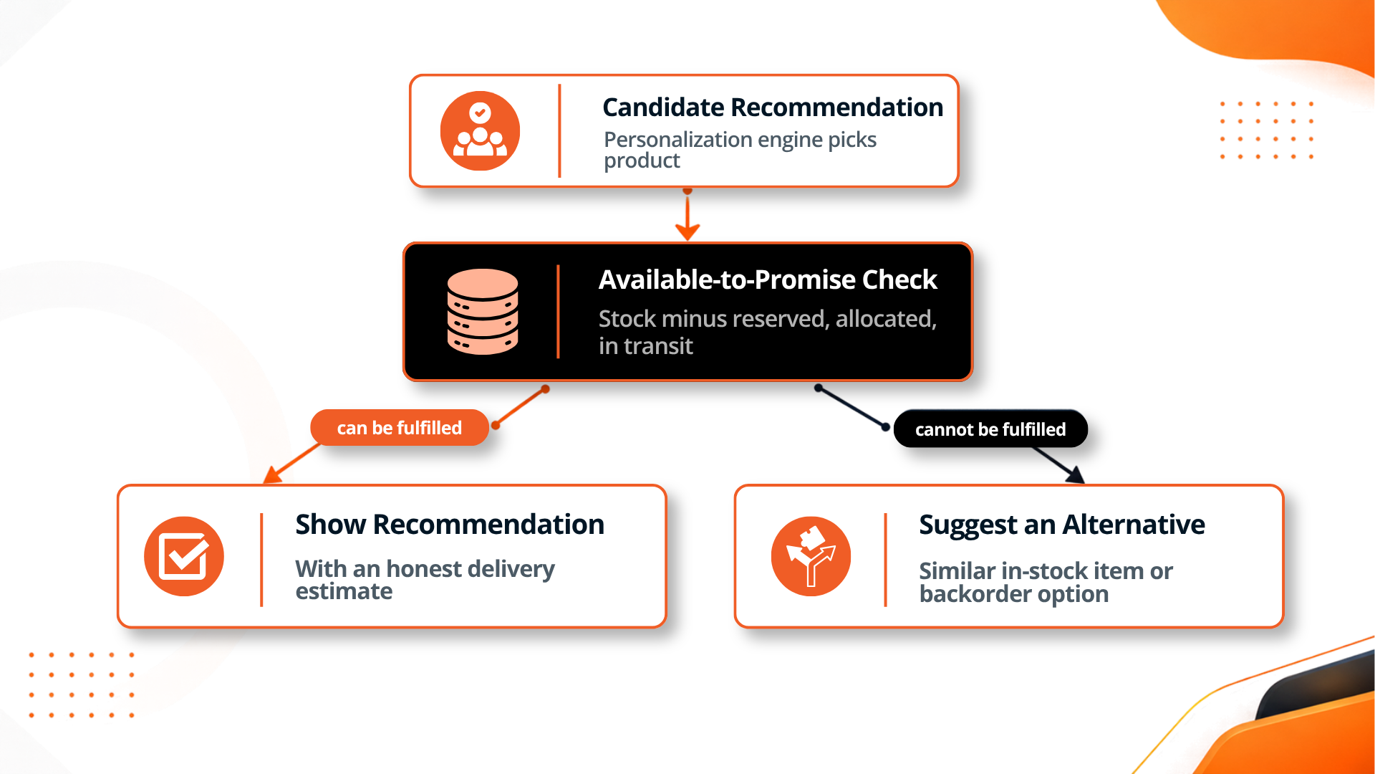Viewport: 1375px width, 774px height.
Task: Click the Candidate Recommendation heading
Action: (773, 107)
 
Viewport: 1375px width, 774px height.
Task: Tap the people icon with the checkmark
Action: (480, 130)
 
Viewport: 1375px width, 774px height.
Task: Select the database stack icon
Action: (483, 312)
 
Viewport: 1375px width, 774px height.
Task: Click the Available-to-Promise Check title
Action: (768, 279)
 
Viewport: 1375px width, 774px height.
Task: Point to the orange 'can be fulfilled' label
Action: (400, 428)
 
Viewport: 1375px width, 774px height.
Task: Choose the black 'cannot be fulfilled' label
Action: (990, 429)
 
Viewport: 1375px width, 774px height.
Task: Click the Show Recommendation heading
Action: (450, 525)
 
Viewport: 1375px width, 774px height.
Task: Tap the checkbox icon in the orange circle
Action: (184, 556)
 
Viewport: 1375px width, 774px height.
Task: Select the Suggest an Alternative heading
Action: (1062, 525)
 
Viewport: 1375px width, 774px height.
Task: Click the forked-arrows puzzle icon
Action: (811, 556)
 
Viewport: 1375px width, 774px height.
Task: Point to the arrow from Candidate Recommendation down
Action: (687, 214)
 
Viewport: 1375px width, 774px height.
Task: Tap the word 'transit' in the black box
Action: (658, 346)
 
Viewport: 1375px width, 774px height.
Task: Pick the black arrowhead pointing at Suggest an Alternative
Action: (1075, 474)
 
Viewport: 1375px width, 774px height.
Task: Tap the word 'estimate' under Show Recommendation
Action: (344, 592)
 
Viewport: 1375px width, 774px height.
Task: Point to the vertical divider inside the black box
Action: (558, 312)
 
